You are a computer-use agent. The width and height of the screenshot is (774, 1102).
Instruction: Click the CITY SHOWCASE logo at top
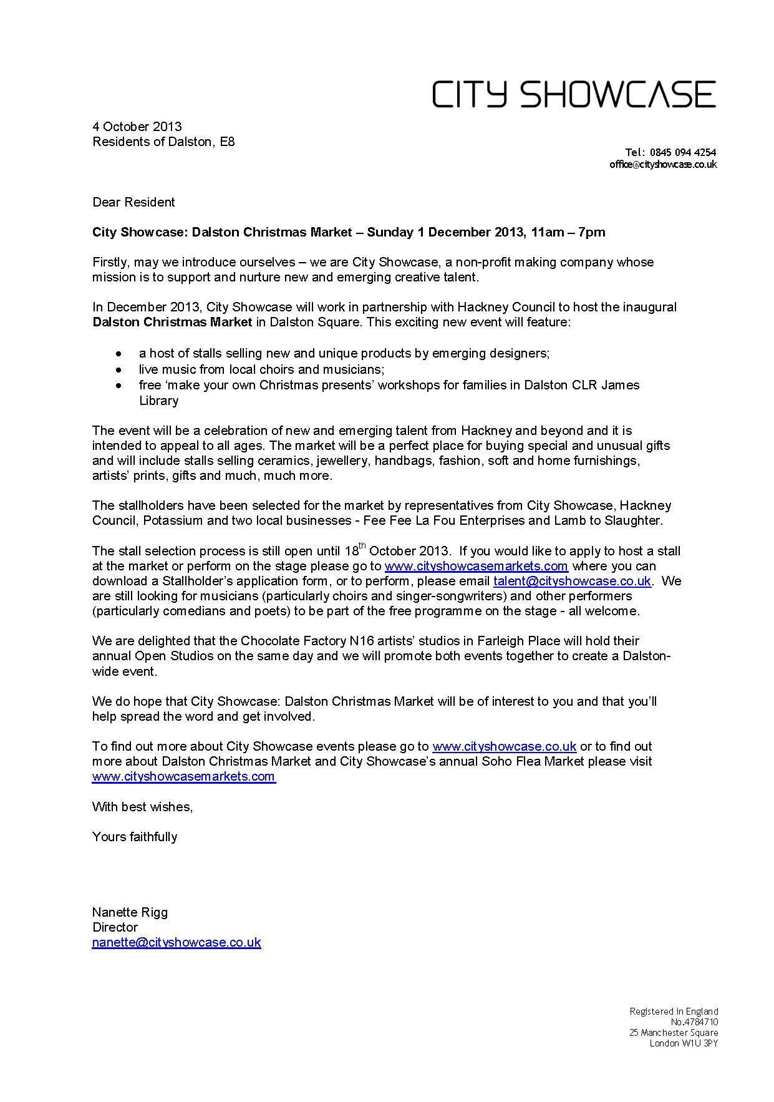574,94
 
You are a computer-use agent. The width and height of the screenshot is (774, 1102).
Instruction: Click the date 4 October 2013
137,127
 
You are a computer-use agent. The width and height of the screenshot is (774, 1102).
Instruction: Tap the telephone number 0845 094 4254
682,152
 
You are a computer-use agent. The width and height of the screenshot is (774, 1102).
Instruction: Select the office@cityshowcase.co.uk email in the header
663,165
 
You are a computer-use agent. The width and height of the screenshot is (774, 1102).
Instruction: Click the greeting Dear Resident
133,202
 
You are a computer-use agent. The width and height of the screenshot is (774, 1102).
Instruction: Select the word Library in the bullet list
158,401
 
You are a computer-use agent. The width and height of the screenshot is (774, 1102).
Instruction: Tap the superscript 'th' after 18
362,547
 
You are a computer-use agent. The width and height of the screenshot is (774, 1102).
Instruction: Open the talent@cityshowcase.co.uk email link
572,581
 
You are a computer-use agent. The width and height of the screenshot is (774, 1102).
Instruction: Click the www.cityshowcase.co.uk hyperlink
504,746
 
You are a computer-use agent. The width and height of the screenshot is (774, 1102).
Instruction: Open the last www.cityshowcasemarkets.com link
183,776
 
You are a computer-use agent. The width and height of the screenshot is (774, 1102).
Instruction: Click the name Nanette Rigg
130,912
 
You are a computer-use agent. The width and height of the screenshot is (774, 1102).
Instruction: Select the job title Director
115,927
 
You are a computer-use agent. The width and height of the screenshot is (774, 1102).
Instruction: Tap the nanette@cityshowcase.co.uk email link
177,942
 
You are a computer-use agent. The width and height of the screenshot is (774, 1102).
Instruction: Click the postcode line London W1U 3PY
684,1043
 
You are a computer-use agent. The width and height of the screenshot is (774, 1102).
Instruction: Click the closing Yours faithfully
135,837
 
